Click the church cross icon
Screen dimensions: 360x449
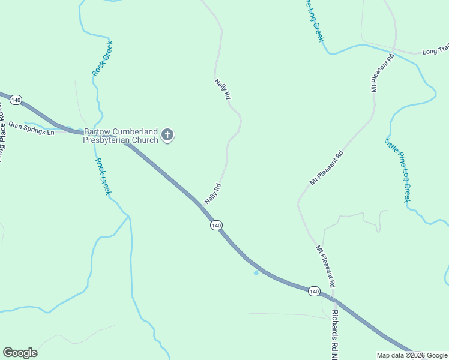(167, 135)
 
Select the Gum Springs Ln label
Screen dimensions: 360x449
(31, 129)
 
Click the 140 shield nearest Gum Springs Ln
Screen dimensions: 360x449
(16, 100)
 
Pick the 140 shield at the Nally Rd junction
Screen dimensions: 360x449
(216, 225)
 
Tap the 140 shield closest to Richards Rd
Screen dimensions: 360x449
(313, 291)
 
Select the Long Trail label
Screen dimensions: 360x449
(435, 52)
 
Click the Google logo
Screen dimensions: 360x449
(20, 353)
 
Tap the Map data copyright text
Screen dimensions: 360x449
(412, 355)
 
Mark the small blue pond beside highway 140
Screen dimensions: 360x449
(256, 273)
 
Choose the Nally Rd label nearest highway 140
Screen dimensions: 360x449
(213, 194)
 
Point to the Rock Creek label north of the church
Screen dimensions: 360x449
(103, 58)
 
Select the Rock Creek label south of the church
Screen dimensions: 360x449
(104, 176)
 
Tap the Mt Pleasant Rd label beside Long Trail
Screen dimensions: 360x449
(382, 72)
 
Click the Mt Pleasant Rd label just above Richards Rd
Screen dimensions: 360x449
(325, 264)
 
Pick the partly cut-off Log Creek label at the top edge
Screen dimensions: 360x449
(315, 21)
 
